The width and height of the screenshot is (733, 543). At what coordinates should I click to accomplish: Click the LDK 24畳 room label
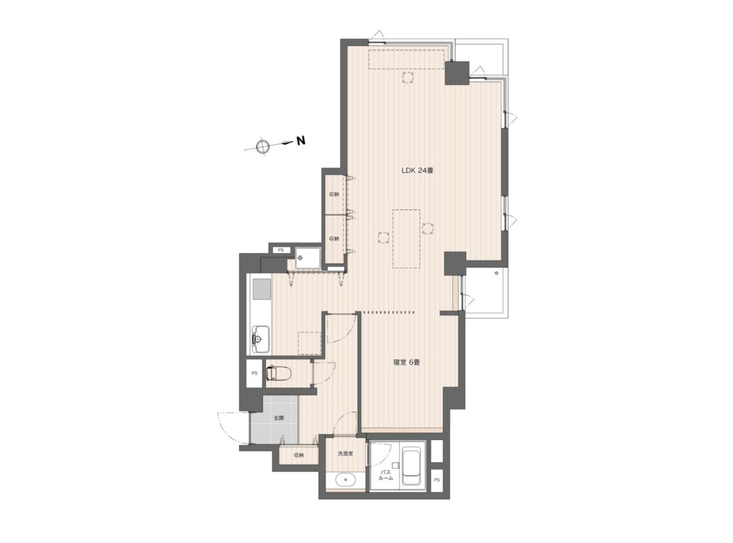[417, 171]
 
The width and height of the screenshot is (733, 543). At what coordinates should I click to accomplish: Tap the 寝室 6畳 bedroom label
[407, 363]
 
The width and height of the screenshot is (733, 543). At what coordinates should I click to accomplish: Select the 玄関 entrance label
[279, 418]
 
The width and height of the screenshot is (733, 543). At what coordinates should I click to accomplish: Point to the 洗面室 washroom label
[345, 454]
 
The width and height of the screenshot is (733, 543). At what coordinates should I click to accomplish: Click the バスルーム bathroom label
[386, 475]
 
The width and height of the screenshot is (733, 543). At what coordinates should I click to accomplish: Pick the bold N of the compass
[300, 141]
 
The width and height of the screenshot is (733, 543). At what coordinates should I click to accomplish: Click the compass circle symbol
[263, 146]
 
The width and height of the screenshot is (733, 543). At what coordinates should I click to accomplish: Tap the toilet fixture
[279, 373]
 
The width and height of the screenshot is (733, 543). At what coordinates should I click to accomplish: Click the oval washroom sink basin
[345, 479]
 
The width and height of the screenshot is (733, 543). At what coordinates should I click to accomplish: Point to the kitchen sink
[261, 339]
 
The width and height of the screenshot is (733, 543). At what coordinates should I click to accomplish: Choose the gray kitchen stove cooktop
[262, 289]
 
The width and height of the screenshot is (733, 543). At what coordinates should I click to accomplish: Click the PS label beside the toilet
[254, 373]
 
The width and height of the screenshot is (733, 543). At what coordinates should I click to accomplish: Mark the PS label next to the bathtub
[437, 480]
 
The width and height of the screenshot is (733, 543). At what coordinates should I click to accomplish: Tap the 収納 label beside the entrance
[299, 455]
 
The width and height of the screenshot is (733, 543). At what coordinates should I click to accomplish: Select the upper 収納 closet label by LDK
[334, 195]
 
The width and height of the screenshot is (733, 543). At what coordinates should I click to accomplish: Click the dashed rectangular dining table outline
[406, 238]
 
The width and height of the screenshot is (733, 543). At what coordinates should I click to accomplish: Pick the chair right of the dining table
[428, 228]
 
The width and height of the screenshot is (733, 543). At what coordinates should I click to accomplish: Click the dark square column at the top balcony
[457, 73]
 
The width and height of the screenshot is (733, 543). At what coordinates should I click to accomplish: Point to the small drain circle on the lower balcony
[497, 273]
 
